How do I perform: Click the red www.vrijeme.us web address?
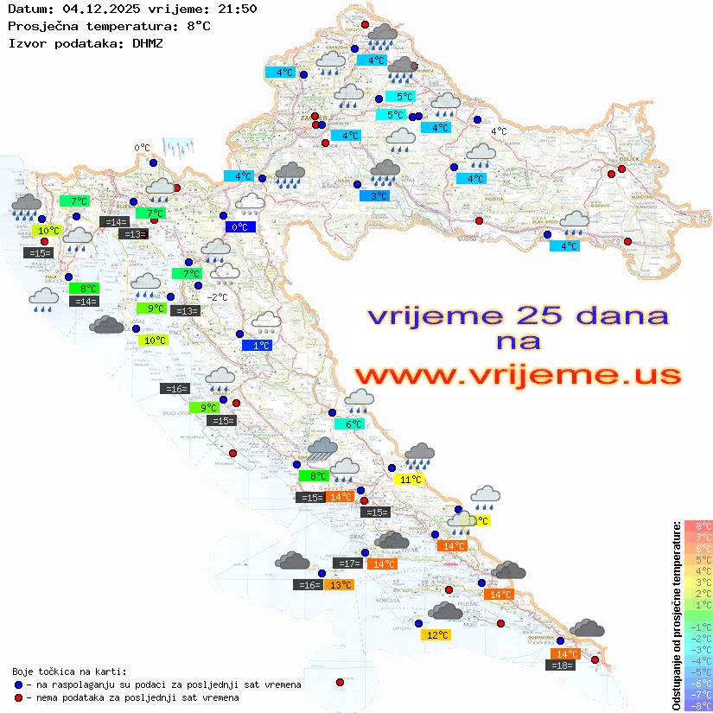click(x=517, y=374)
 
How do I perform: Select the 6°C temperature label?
click(x=353, y=424)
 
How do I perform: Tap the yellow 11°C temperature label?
click(x=409, y=480)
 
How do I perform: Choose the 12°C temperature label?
click(x=437, y=635)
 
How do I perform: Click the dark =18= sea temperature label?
click(x=562, y=665)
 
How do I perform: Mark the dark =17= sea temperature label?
click(x=348, y=563)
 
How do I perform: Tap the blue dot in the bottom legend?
click(x=19, y=684)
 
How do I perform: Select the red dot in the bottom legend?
click(x=19, y=697)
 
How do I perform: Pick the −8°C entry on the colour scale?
click(x=697, y=706)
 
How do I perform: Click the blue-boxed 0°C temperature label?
click(x=239, y=227)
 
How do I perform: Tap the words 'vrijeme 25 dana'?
click(x=517, y=315)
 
